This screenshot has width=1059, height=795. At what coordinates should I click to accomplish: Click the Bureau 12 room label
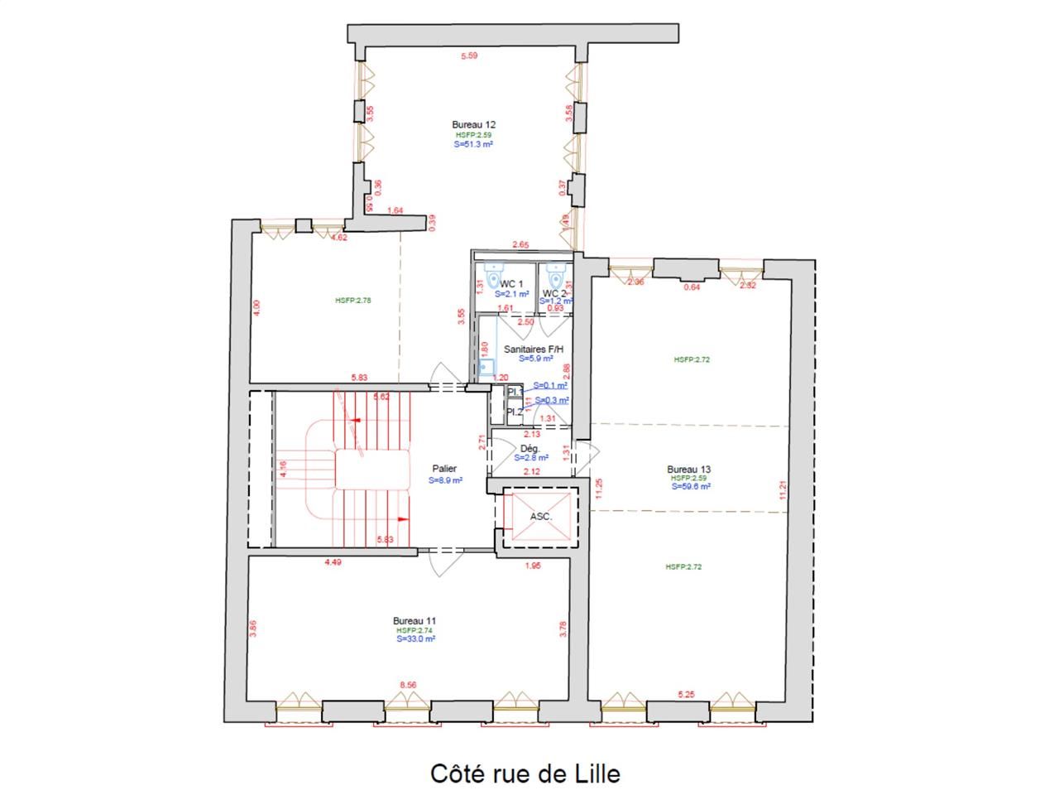point(473,125)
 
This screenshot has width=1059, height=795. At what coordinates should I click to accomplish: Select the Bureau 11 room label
point(414,620)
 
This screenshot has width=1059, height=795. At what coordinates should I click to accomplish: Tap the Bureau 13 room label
point(688,470)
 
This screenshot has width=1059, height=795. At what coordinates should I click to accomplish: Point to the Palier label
point(444,470)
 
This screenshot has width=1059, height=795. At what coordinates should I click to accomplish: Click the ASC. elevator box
point(540,517)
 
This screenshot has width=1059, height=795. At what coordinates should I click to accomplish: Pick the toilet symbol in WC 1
point(494,271)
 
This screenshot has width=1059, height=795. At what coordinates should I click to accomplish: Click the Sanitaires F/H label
point(534,349)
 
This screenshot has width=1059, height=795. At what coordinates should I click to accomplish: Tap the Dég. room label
point(530,448)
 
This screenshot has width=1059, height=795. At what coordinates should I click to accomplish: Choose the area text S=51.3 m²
point(473,144)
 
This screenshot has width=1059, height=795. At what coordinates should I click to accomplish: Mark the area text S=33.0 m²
point(414,639)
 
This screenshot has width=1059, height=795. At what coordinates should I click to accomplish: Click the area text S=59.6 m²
point(691,487)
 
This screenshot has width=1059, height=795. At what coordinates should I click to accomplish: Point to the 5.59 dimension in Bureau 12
point(470,56)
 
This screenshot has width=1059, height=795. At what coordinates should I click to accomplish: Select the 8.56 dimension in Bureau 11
point(408,685)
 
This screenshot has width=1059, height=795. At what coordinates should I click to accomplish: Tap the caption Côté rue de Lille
point(525,773)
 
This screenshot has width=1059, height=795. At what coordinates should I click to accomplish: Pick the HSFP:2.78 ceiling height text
point(353,301)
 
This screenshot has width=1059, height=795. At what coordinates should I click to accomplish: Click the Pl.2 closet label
point(515,411)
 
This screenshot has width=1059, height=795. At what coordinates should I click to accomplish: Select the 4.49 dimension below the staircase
point(333,563)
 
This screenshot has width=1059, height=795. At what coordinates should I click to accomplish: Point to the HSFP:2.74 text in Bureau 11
point(414,630)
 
